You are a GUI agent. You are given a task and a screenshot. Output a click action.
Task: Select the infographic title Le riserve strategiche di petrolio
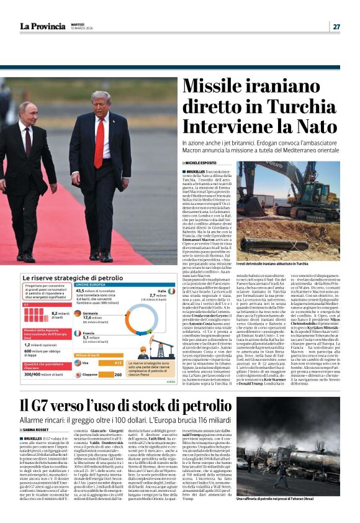[65, 278]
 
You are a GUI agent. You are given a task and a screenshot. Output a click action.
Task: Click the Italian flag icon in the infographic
[158, 291]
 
